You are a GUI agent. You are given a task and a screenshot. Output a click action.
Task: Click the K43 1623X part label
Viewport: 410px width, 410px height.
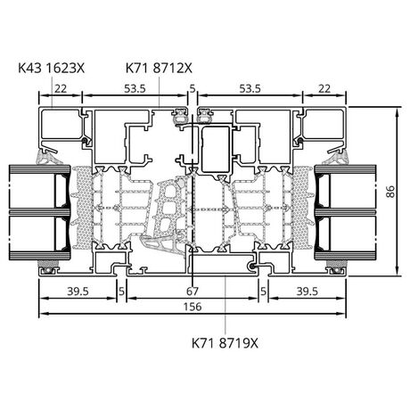tap(52, 69)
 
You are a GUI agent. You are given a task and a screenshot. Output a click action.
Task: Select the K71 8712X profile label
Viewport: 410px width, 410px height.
tap(159, 69)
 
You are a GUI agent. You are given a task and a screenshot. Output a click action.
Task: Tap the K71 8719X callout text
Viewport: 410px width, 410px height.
tap(225, 343)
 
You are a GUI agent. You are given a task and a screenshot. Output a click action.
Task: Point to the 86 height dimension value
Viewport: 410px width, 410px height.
tap(390, 192)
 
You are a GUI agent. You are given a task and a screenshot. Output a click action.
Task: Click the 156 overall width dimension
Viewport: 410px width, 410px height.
tap(193, 307)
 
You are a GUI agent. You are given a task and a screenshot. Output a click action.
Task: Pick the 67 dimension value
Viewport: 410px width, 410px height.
tap(193, 291)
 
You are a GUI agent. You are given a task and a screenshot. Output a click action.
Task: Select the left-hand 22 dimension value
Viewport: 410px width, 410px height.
tap(61, 88)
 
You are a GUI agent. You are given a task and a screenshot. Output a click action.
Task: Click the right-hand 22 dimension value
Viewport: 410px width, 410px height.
tap(324, 88)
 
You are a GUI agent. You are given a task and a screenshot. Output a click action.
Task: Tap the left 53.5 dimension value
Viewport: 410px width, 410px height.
tap(135, 88)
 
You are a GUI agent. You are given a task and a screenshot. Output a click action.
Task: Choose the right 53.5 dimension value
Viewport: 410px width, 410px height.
tap(250, 88)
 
